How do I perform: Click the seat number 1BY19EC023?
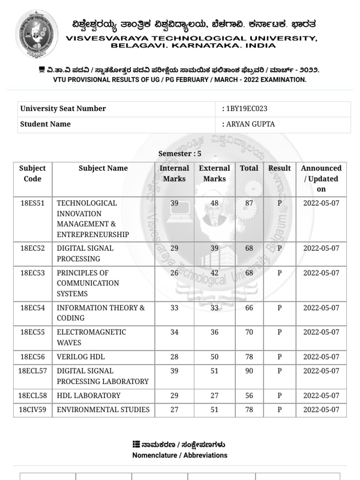click(247, 109)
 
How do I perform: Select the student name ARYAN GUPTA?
click(250, 124)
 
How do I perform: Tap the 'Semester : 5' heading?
click(180, 154)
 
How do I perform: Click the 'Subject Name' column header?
click(103, 168)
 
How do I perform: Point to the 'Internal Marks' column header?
click(174, 173)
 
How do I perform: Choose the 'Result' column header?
click(279, 168)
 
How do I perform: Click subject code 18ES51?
click(33, 203)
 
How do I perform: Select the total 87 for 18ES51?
click(249, 203)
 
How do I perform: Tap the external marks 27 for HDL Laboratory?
click(214, 396)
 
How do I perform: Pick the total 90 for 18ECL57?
click(249, 371)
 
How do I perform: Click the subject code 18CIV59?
click(32, 410)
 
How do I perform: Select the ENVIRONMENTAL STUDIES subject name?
click(103, 410)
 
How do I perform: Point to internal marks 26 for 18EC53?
click(174, 273)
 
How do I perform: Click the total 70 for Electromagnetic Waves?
click(249, 332)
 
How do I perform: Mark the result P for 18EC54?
click(279, 308)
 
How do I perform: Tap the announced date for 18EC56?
click(321, 357)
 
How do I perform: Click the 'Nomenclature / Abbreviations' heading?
click(180, 455)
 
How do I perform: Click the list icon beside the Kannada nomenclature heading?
click(136, 444)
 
